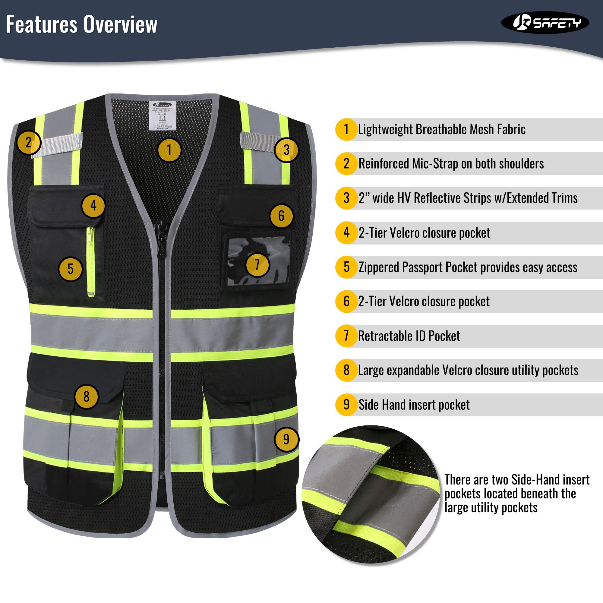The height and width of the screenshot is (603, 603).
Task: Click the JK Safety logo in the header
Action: pos(545,23)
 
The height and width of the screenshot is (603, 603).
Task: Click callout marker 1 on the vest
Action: pos(169,150)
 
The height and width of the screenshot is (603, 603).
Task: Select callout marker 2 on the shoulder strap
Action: pos(28,142)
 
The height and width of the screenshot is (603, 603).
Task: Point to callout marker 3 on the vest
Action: pos(286,150)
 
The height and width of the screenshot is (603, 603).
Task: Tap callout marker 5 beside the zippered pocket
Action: pos(71,269)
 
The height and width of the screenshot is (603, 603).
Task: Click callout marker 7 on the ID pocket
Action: pos(257,265)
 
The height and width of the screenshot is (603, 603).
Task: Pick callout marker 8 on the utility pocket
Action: pos(87,397)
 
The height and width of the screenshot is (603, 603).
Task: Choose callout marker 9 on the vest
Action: pos(286,440)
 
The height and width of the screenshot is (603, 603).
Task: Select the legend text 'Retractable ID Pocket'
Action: pos(409,336)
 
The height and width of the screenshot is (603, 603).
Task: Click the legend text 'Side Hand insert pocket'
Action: pos(414,405)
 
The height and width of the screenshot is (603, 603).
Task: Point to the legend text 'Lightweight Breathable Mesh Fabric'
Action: pos(442,130)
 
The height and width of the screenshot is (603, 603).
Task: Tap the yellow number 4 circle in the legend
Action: pos(346,233)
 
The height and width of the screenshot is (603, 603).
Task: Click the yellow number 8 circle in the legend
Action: pos(346,370)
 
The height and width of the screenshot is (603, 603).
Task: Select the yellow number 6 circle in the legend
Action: pos(346,301)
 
